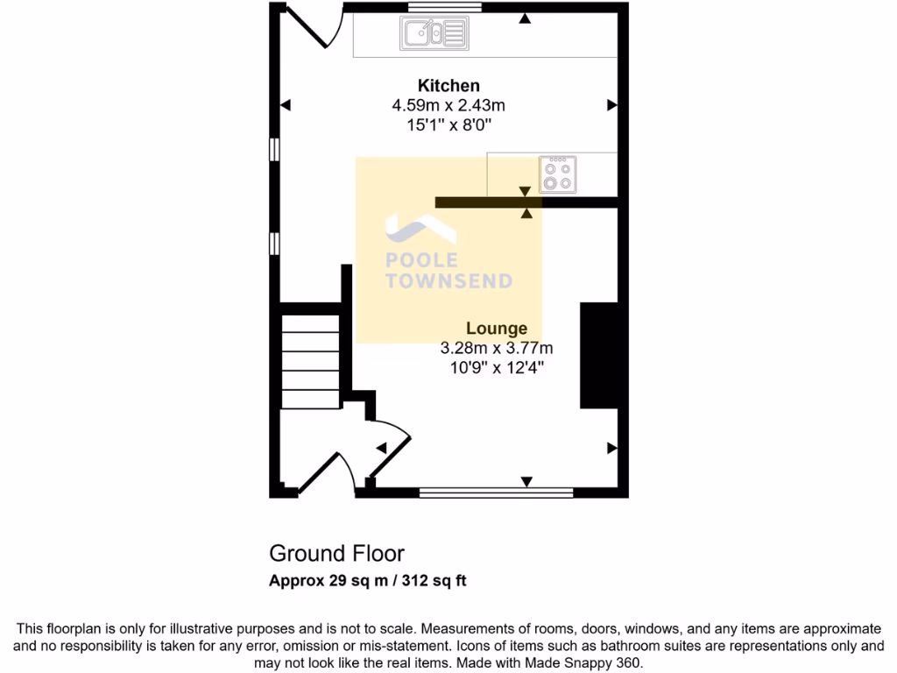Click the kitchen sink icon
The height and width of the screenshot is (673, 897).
pyautogui.click(x=434, y=34)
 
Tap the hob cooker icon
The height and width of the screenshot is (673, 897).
pyautogui.click(x=558, y=173)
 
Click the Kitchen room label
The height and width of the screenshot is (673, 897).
pyautogui.click(x=448, y=86)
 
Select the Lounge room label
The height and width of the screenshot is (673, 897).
pyautogui.click(x=497, y=329)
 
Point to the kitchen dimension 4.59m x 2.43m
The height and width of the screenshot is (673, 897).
pyautogui.click(x=448, y=106)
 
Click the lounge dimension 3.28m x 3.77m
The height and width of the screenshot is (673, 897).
pyautogui.click(x=497, y=348)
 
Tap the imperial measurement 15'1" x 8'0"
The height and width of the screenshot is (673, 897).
pyautogui.click(x=448, y=125)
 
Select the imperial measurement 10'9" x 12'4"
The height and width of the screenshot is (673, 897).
pyautogui.click(x=497, y=367)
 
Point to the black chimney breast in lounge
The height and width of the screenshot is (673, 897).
pyautogui.click(x=599, y=355)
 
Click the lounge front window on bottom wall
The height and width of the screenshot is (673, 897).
pyautogui.click(x=496, y=492)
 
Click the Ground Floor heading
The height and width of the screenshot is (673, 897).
pyautogui.click(x=336, y=554)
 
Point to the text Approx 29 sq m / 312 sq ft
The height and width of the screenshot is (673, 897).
pyautogui.click(x=367, y=580)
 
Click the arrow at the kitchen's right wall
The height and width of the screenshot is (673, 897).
pyautogui.click(x=611, y=105)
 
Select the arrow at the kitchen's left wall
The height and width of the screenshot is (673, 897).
pyautogui.click(x=285, y=105)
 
